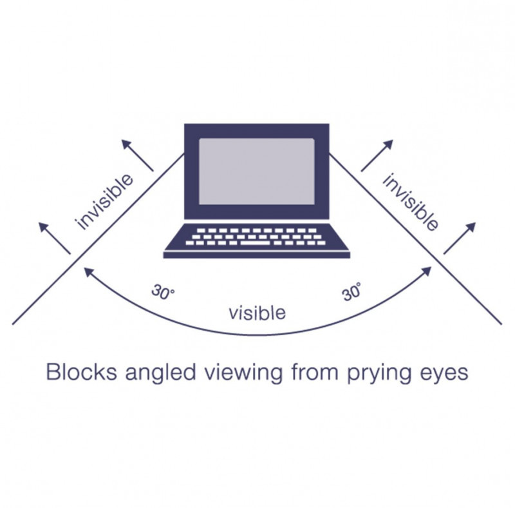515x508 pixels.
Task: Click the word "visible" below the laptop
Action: [x=257, y=313]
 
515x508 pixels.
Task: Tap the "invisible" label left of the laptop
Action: [x=104, y=202]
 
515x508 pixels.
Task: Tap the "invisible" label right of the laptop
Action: [x=410, y=202]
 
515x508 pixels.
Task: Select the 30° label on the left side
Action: [x=163, y=292]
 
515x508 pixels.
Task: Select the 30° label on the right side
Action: [x=351, y=292]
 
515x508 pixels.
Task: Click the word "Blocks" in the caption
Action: [x=82, y=372]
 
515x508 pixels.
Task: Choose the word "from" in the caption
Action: [x=315, y=372]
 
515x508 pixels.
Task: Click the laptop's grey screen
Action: [x=256, y=171]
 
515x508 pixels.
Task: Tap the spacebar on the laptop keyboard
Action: [x=255, y=243]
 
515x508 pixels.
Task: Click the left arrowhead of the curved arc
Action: [x=88, y=271]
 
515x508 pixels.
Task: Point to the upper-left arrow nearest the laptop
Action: [x=137, y=155]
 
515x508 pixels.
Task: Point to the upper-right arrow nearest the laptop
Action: [x=377, y=155]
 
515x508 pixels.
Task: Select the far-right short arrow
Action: [x=460, y=239]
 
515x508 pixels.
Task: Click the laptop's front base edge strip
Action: [x=257, y=255]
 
